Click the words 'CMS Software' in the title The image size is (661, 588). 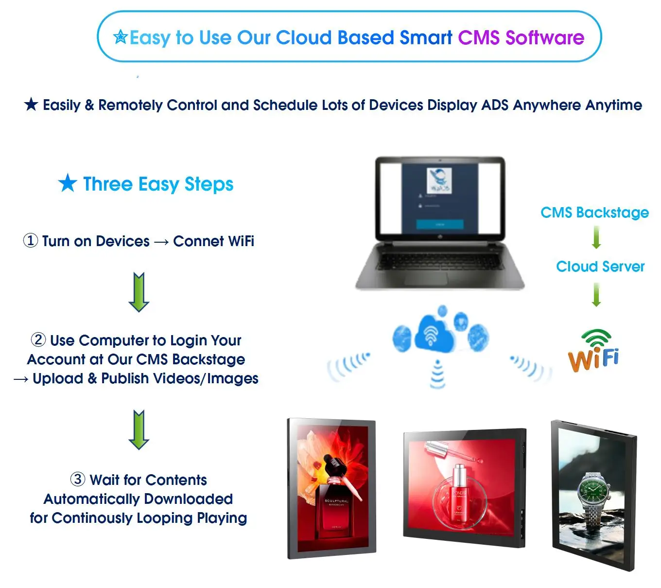(521, 37)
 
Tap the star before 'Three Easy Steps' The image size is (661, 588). (68, 183)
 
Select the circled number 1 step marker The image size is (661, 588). (31, 240)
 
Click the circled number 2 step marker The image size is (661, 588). (38, 339)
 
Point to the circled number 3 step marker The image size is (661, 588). (78, 479)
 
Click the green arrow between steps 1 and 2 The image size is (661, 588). (139, 292)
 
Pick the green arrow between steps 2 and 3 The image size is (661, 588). (139, 429)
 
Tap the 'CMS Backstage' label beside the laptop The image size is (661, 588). (594, 213)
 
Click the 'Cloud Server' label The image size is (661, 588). (600, 267)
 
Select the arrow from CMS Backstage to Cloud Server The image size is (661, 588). (596, 238)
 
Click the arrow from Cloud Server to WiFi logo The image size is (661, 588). (596, 294)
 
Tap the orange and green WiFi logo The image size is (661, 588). (593, 350)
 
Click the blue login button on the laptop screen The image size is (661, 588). (440, 224)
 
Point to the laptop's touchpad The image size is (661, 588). (426, 278)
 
